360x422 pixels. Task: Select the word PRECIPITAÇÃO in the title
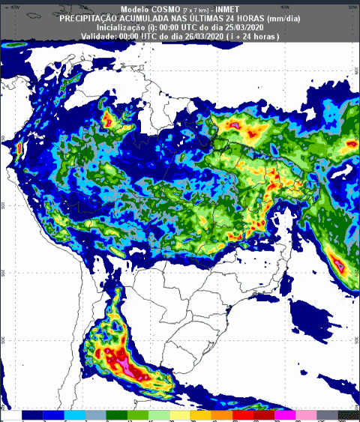tap(92, 17)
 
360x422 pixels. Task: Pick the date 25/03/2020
tap(240, 27)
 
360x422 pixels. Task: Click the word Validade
tap(99, 36)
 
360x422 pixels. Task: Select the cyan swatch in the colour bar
tap(73, 414)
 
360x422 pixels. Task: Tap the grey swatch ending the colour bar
tap(326, 414)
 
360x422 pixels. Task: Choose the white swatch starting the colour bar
tap(12, 414)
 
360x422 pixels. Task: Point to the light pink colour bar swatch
tap(305, 414)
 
